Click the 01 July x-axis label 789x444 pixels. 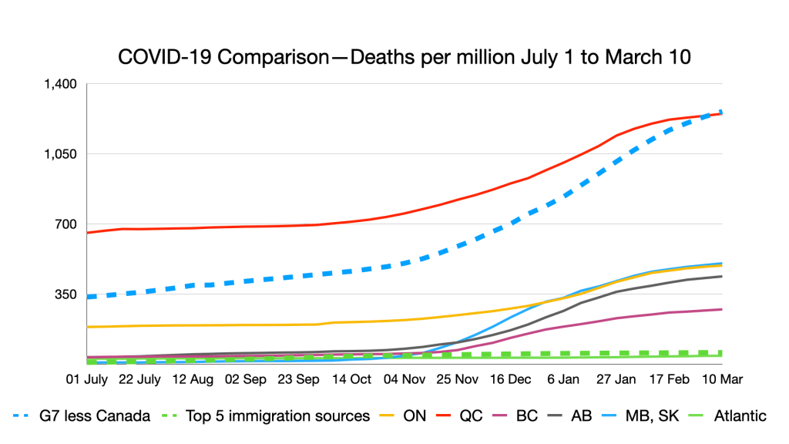(x=86, y=379)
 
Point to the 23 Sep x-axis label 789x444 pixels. (x=297, y=379)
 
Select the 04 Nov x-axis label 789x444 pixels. (x=404, y=379)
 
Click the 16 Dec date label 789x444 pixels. (x=509, y=379)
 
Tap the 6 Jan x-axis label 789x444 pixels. (x=564, y=379)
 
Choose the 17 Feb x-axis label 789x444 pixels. (x=667, y=379)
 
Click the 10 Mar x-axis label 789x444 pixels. (x=721, y=379)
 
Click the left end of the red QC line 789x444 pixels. (x=88, y=232)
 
